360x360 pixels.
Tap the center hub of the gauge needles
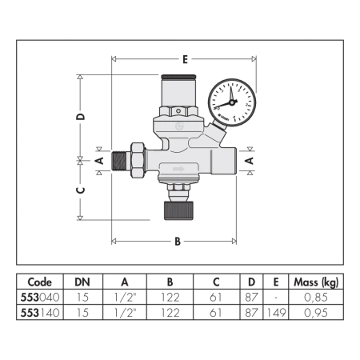point(231,102)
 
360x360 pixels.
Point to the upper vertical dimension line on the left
point(80,116)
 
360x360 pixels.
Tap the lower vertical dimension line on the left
point(80,190)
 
